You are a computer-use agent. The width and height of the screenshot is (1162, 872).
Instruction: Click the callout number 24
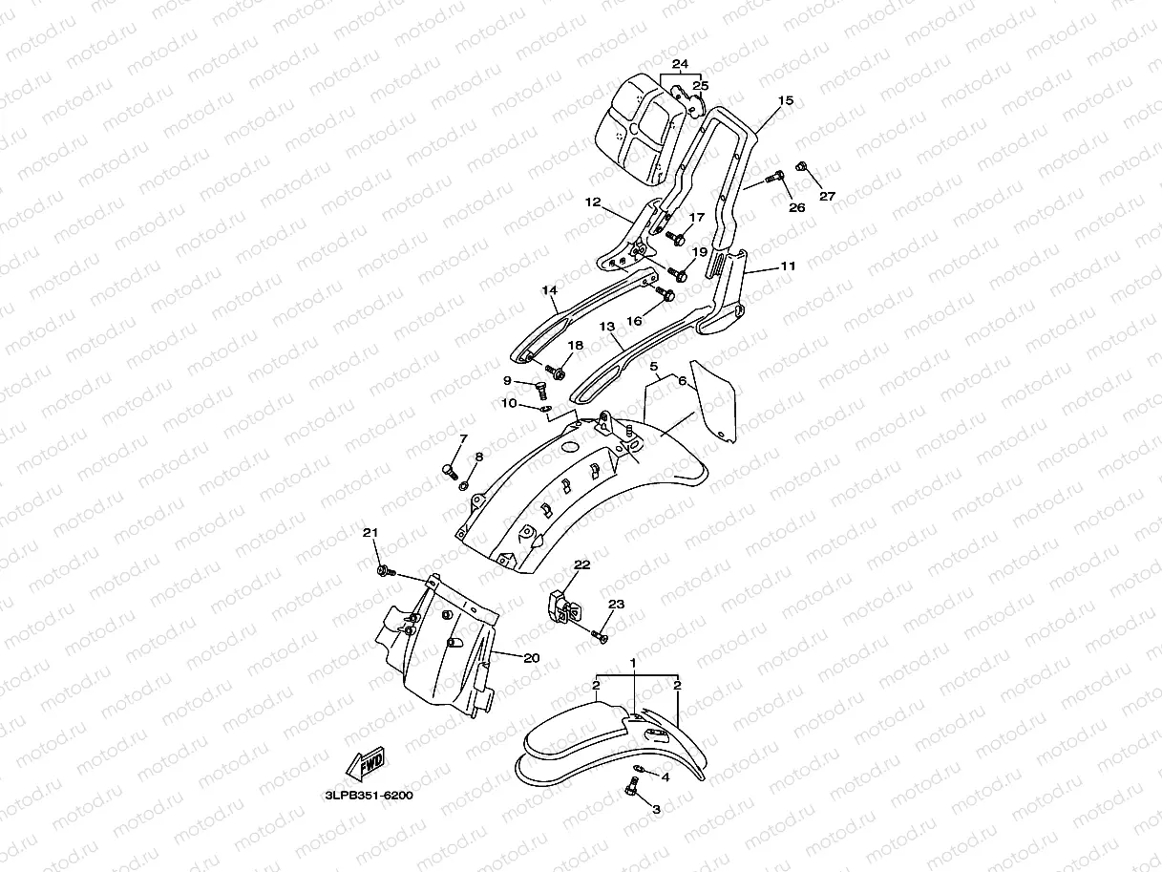point(680,65)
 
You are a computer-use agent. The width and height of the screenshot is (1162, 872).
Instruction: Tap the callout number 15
point(785,100)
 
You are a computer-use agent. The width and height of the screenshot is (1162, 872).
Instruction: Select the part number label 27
point(827,197)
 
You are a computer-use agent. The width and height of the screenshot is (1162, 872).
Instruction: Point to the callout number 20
point(532,657)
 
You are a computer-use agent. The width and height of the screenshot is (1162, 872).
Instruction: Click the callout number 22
point(582,565)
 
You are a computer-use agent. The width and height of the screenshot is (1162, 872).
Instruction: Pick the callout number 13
point(607,327)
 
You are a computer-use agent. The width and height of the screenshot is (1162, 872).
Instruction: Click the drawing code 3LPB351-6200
point(368,793)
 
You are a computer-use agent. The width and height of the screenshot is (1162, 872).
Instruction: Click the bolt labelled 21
point(384,571)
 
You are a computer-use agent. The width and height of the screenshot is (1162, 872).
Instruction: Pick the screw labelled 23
point(600,634)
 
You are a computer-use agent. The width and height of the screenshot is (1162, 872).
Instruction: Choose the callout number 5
point(654,366)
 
